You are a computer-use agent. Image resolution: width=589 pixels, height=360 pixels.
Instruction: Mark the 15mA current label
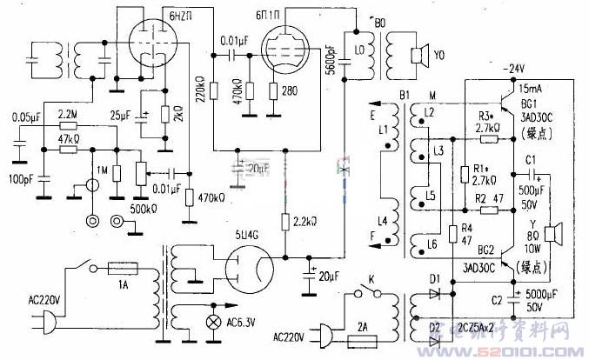pyautogui.click(x=528, y=89)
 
